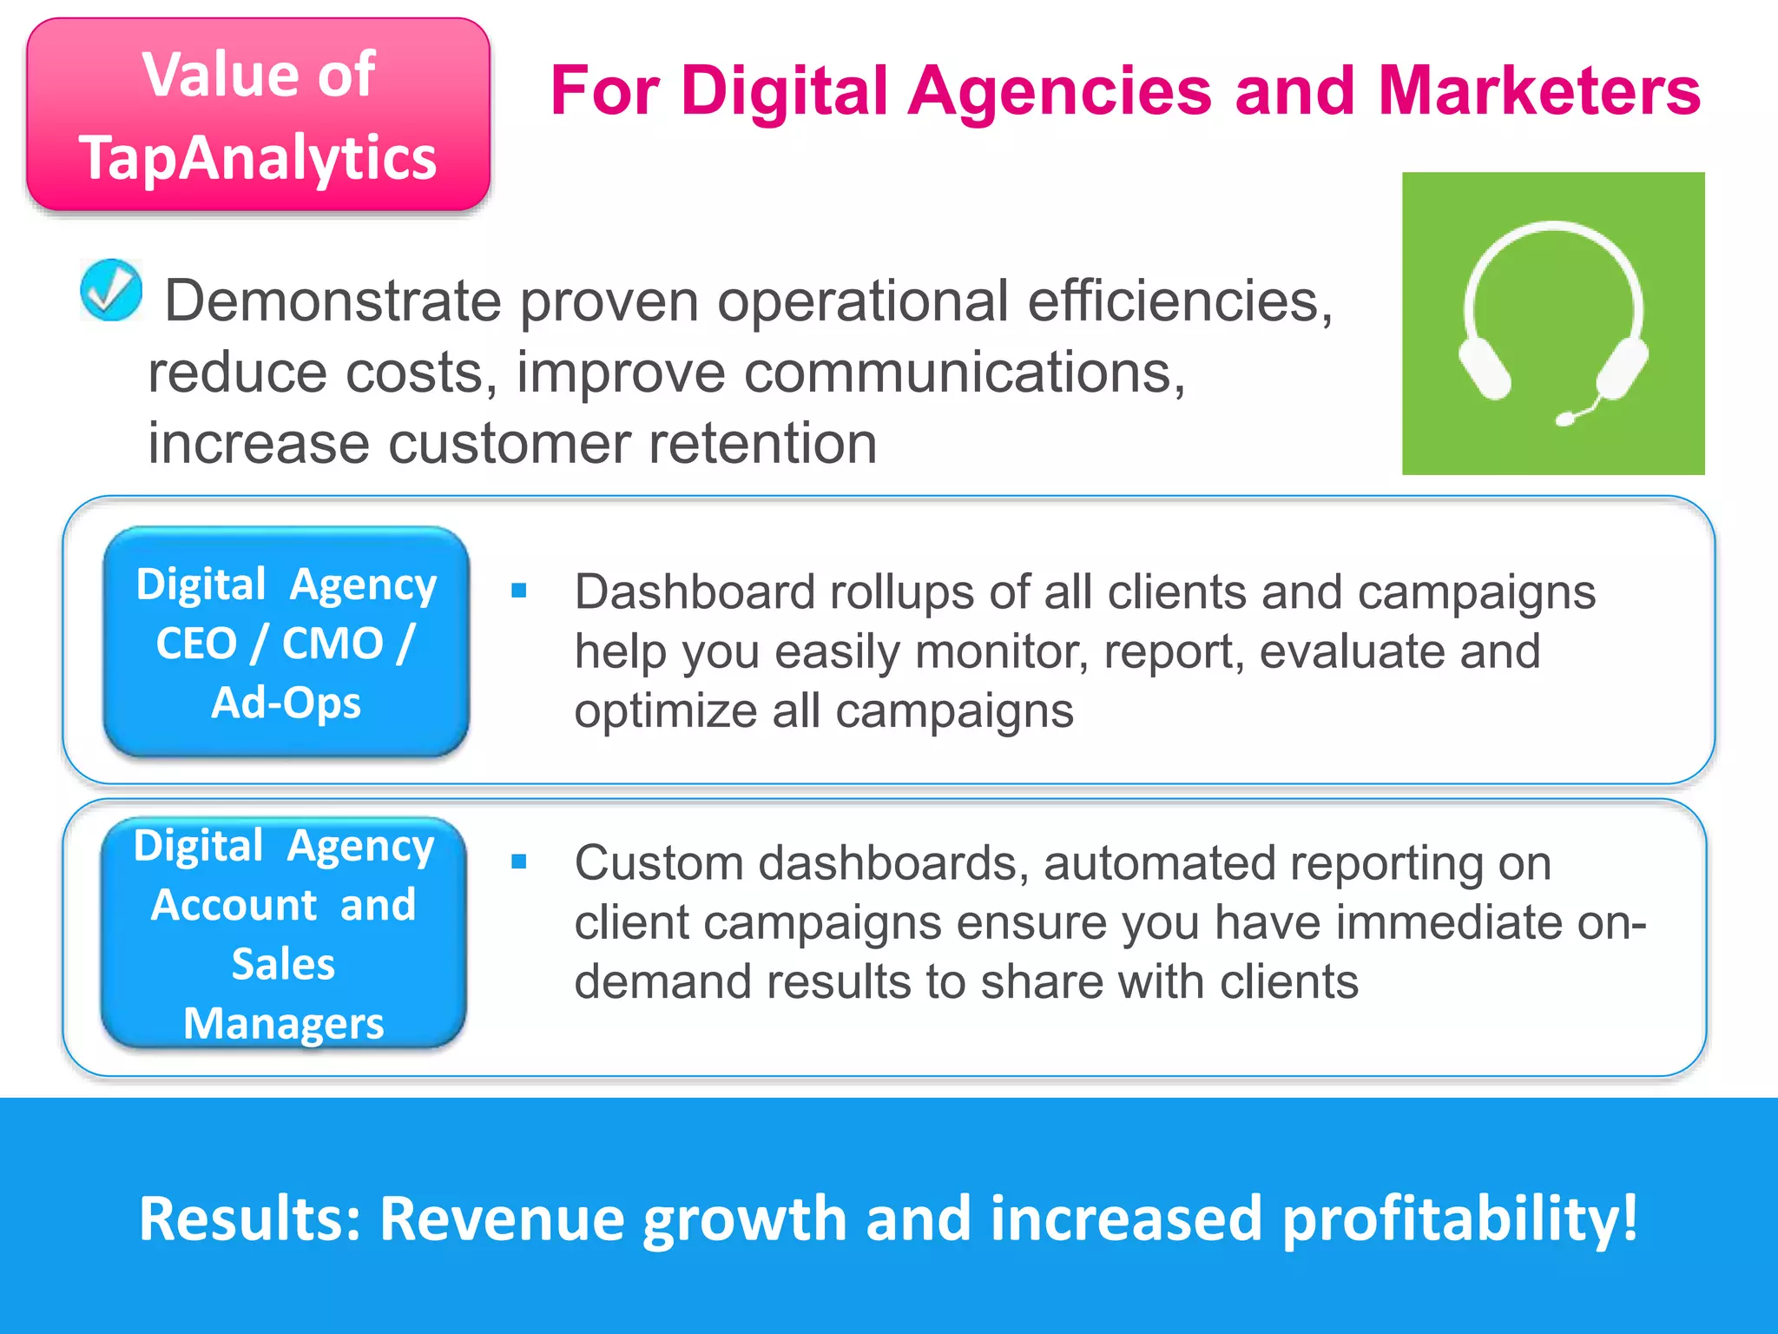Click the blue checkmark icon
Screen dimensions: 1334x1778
[x=111, y=290]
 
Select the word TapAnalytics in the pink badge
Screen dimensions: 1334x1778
[x=258, y=158]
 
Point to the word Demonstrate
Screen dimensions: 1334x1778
[x=333, y=301]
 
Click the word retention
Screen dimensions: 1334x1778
[x=763, y=443]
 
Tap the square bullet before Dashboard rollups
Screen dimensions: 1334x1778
[x=519, y=591]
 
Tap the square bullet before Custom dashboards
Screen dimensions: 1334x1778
[x=519, y=862]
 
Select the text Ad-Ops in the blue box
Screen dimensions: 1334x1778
[x=286, y=702]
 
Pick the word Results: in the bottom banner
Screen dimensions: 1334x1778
[x=249, y=1218]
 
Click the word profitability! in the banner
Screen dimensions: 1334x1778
[x=1459, y=1218]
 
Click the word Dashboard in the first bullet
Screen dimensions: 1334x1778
[x=695, y=592]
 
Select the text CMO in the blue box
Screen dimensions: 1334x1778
[x=333, y=644]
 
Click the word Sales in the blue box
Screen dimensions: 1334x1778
[x=283, y=964]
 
